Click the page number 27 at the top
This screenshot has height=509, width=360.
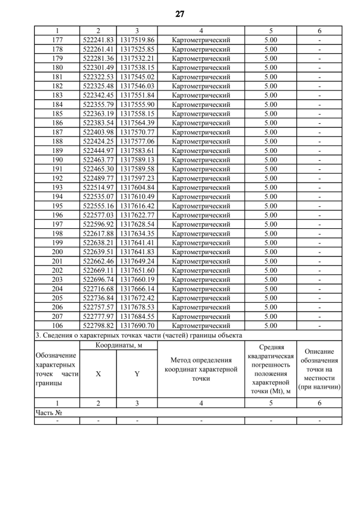(179, 14)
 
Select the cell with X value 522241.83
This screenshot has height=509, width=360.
(98, 40)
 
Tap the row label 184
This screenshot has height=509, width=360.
(57, 104)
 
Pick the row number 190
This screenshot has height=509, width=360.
(57, 160)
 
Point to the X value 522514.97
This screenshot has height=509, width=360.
(98, 187)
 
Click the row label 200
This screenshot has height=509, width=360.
(57, 251)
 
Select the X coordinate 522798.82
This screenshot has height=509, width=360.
(98, 325)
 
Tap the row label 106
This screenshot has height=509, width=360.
(57, 325)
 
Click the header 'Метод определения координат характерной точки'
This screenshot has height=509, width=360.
(201, 369)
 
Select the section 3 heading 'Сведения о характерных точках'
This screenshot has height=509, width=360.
(138, 335)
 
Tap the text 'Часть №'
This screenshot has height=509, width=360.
(48, 412)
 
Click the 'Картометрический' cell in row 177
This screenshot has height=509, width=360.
(201, 40)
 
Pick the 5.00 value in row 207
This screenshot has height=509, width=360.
(271, 316)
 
